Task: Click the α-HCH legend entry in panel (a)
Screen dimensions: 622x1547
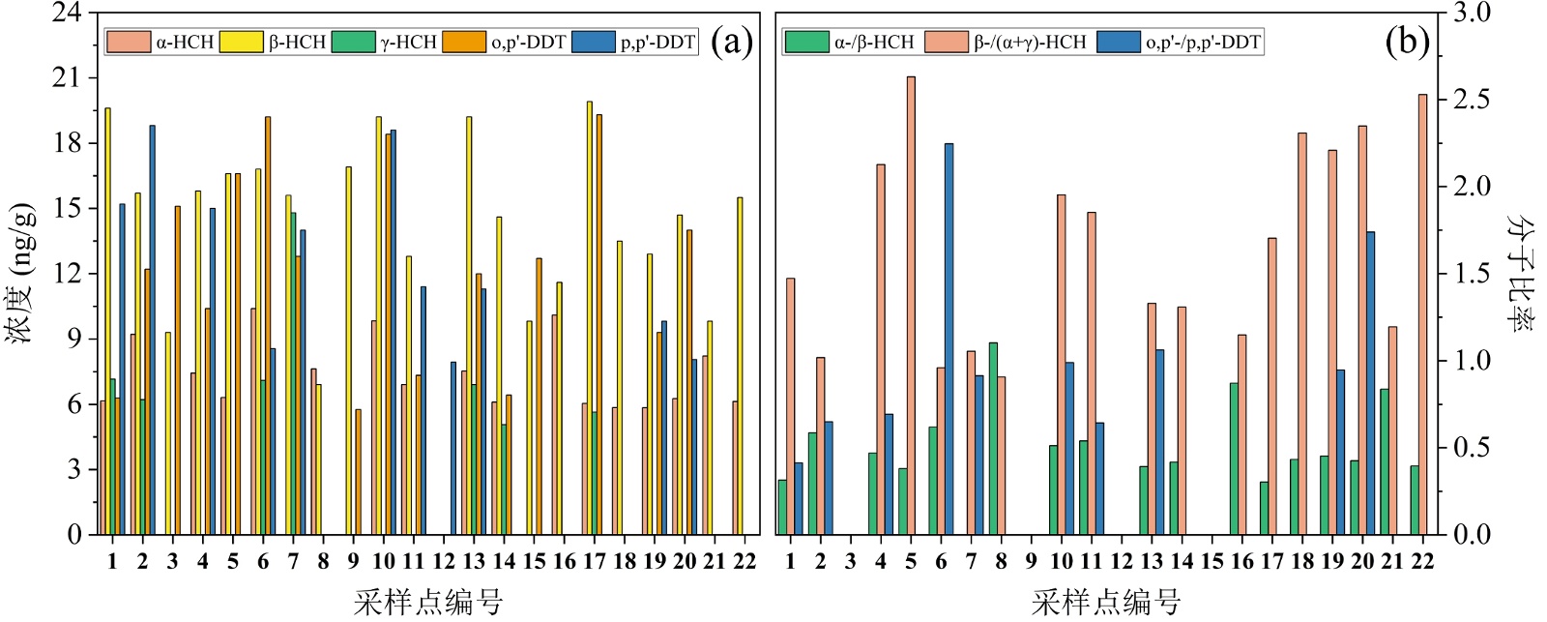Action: click(161, 42)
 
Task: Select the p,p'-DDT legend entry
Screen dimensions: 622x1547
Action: click(635, 42)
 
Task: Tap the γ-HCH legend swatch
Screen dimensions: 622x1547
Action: click(353, 42)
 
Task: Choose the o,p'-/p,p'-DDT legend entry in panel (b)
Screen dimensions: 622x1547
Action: click(1180, 42)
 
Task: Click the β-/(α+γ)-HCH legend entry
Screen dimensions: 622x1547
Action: click(1007, 42)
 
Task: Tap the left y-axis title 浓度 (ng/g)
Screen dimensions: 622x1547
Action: click(21, 273)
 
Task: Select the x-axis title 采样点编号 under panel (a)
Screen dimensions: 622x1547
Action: click(428, 602)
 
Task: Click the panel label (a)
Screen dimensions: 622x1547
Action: click(731, 42)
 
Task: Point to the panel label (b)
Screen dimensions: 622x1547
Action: click(1407, 42)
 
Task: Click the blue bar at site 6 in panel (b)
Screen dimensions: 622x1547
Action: click(949, 339)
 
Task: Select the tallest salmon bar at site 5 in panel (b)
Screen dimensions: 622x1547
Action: click(911, 305)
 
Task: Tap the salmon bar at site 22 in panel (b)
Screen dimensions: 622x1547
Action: click(1422, 314)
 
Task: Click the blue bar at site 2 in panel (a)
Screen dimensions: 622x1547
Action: click(152, 329)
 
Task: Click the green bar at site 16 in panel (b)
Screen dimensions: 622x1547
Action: click(1234, 459)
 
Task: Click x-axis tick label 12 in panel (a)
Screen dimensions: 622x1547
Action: click(444, 562)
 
